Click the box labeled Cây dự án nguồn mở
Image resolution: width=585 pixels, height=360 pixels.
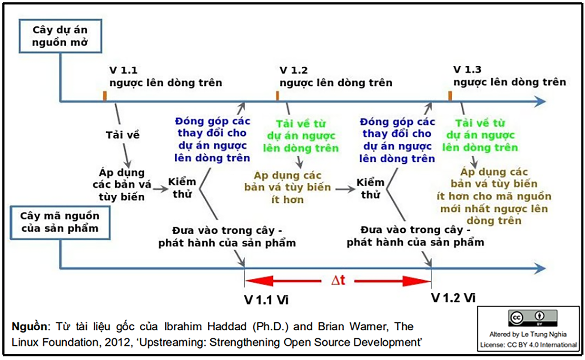(60, 36)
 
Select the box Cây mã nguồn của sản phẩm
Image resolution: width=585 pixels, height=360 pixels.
(60, 223)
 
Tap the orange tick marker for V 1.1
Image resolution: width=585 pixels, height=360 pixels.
(105, 96)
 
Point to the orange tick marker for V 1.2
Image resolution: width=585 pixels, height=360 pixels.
(277, 96)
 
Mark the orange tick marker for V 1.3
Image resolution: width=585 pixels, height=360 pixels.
(450, 96)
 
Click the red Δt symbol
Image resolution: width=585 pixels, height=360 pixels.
(338, 280)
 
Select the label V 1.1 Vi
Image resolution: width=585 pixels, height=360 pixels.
(266, 300)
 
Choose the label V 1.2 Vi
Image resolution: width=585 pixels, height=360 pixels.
(453, 298)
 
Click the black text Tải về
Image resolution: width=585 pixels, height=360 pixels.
(122, 135)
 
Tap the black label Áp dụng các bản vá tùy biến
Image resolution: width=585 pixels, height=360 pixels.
(122, 184)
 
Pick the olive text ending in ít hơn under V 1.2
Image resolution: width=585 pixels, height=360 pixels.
(288, 187)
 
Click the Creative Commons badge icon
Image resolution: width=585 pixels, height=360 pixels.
(533, 318)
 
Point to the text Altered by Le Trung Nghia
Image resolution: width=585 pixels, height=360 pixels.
(528, 334)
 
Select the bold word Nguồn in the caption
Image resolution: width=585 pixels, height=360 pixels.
(29, 326)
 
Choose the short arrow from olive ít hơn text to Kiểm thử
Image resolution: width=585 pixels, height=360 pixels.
(345, 189)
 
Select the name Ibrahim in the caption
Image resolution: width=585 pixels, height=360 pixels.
(183, 326)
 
